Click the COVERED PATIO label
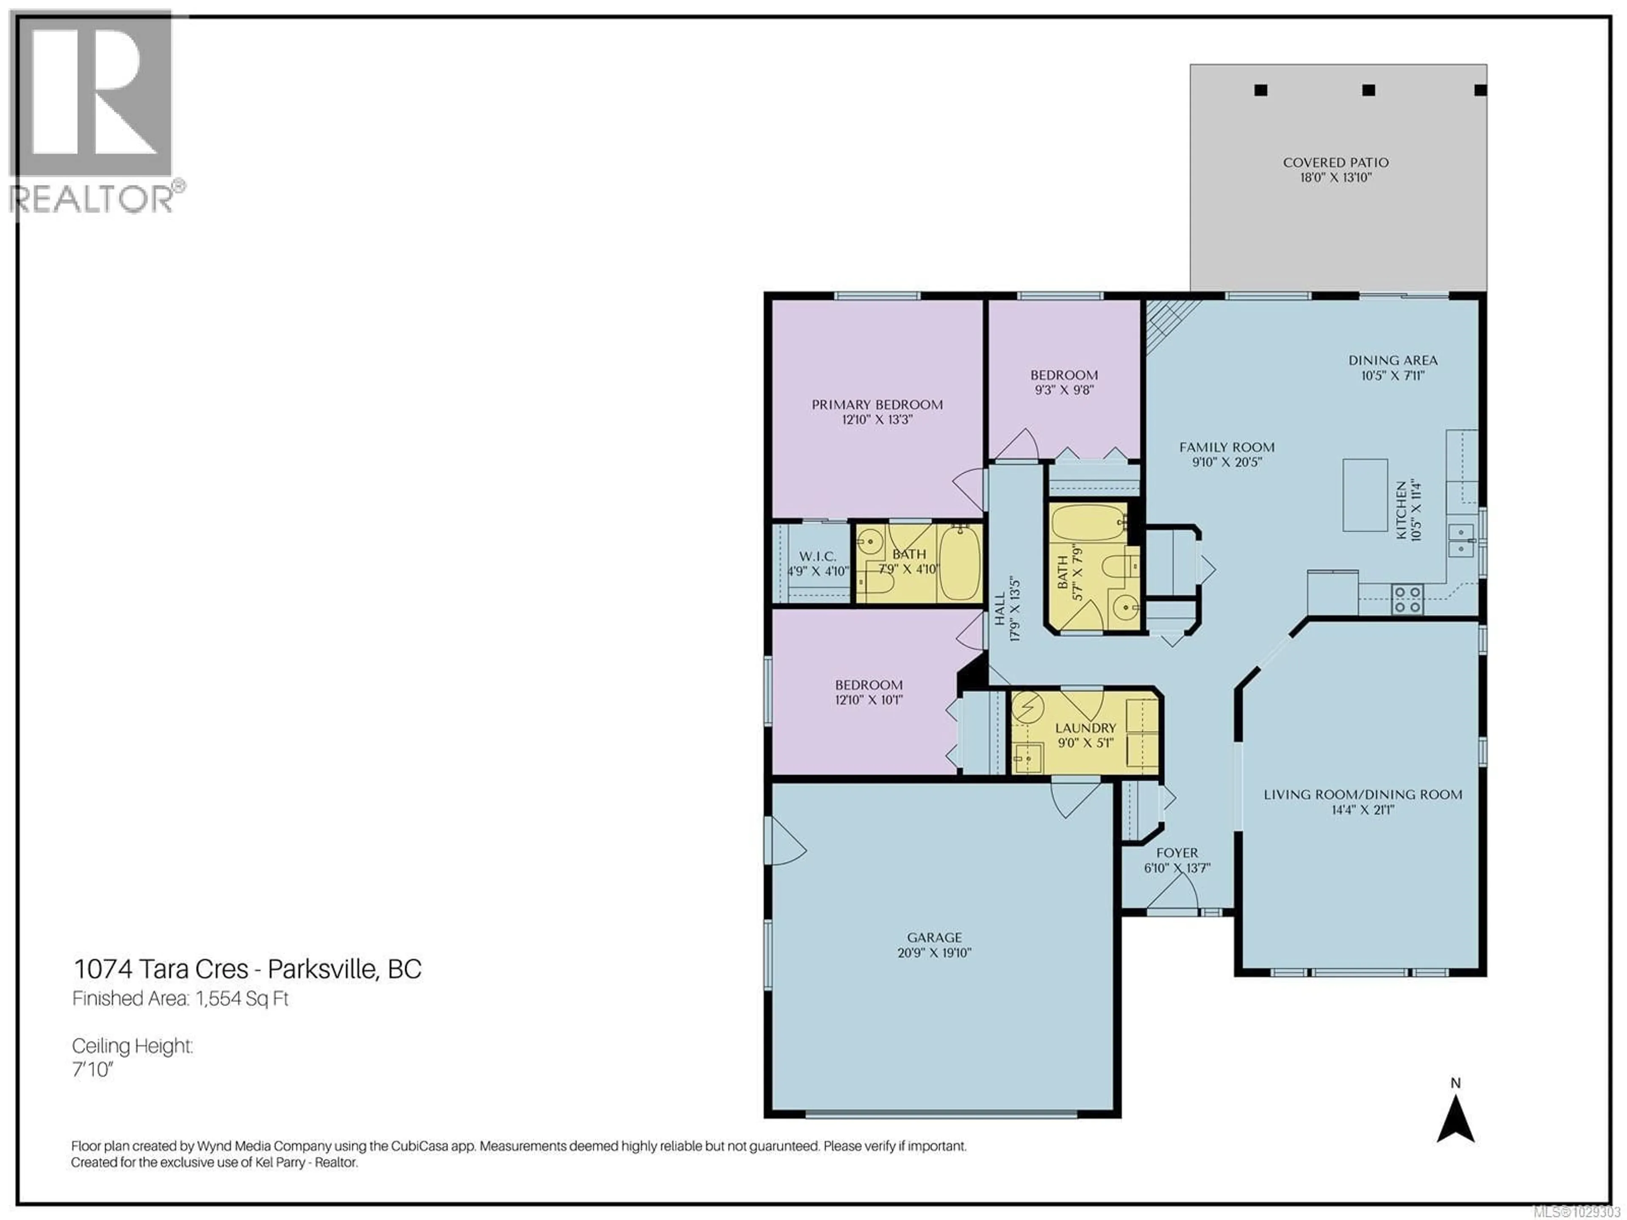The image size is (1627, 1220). [1336, 163]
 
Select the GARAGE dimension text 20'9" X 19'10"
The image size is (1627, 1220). [934, 953]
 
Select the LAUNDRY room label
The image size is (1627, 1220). [1085, 728]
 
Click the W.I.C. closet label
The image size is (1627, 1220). [817, 557]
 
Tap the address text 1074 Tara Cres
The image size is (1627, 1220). [161, 969]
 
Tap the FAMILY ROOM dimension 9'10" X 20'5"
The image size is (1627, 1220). [1227, 463]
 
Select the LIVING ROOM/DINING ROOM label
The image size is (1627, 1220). [1362, 795]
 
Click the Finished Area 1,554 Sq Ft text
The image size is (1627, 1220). [180, 998]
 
